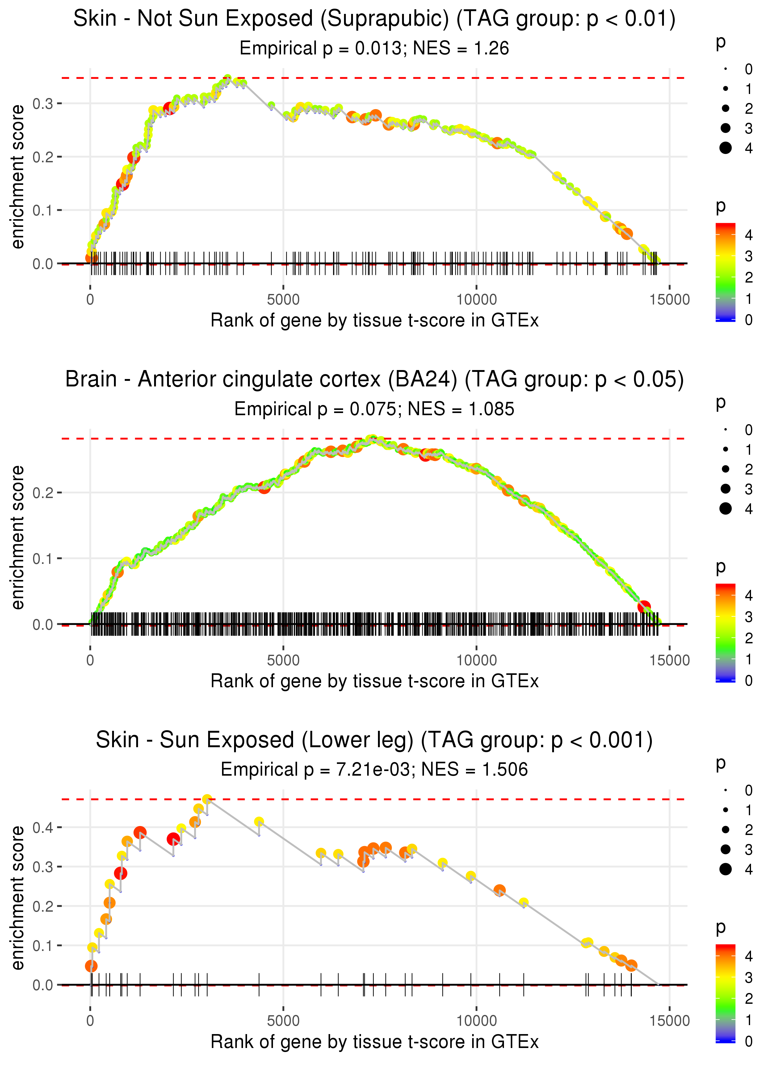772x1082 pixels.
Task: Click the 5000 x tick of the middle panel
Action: [283, 660]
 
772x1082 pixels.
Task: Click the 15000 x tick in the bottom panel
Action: [670, 1021]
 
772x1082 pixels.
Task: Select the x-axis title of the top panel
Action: [375, 321]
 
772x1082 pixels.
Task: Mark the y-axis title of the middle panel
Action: [18, 537]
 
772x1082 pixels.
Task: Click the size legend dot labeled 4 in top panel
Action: [725, 148]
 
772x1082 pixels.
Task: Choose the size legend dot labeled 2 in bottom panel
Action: [725, 830]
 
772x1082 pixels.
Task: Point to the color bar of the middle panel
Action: [725, 633]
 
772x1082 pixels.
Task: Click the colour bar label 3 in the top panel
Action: [749, 257]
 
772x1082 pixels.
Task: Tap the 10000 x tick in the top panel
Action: [476, 300]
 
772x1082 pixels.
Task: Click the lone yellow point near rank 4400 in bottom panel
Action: [259, 822]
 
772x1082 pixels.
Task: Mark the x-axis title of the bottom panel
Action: [375, 1042]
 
